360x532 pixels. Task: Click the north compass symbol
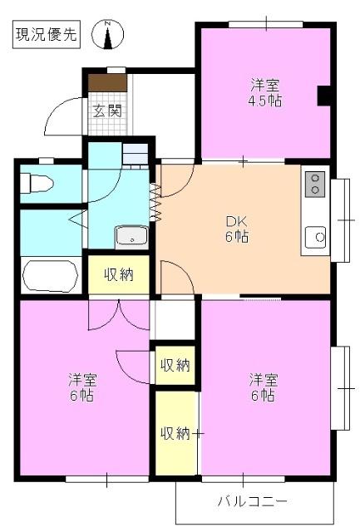(x=109, y=35)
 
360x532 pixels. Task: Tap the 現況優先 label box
(x=47, y=35)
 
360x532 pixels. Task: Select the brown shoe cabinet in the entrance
(x=108, y=83)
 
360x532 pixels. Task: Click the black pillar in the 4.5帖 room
(x=325, y=96)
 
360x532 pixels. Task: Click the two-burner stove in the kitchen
(x=315, y=184)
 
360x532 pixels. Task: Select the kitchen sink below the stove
(x=317, y=238)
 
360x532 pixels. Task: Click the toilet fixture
(x=37, y=182)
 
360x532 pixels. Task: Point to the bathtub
(x=50, y=274)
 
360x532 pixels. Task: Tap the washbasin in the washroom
(x=131, y=236)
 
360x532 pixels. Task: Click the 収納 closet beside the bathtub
(x=119, y=275)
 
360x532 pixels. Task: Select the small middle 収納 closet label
(x=175, y=365)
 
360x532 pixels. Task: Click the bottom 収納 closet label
(x=175, y=433)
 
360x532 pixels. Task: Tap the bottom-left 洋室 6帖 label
(x=82, y=387)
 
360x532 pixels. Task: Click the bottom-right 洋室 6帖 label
(x=264, y=387)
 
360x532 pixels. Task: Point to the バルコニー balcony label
(x=253, y=502)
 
